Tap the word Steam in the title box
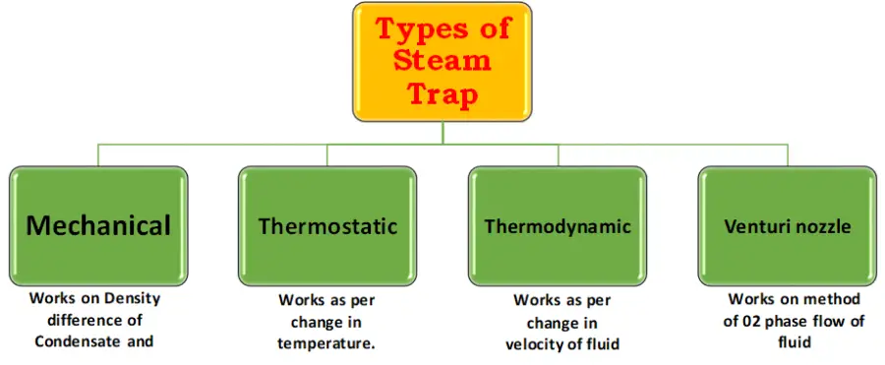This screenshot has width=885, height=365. pos(442,60)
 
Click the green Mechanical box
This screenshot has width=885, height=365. pos(98,225)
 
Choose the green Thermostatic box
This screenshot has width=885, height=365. pos(327,226)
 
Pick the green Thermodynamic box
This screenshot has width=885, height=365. pos(558,226)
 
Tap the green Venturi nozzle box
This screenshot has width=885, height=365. pos(787,226)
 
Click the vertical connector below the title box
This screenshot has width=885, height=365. pos(442,133)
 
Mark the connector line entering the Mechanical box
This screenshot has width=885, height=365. pos(98,155)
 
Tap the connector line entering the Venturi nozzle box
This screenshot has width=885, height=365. pos(787,155)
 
